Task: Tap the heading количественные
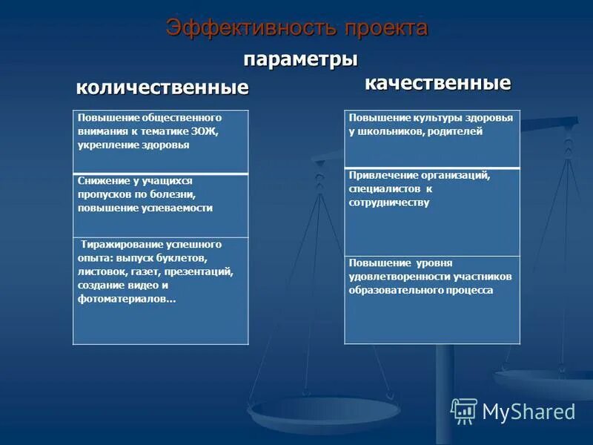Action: pos(162,88)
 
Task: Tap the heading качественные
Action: pos(437,82)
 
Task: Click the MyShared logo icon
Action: pos(464,411)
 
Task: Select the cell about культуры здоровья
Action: pos(432,139)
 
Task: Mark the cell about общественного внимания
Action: pos(161,142)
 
